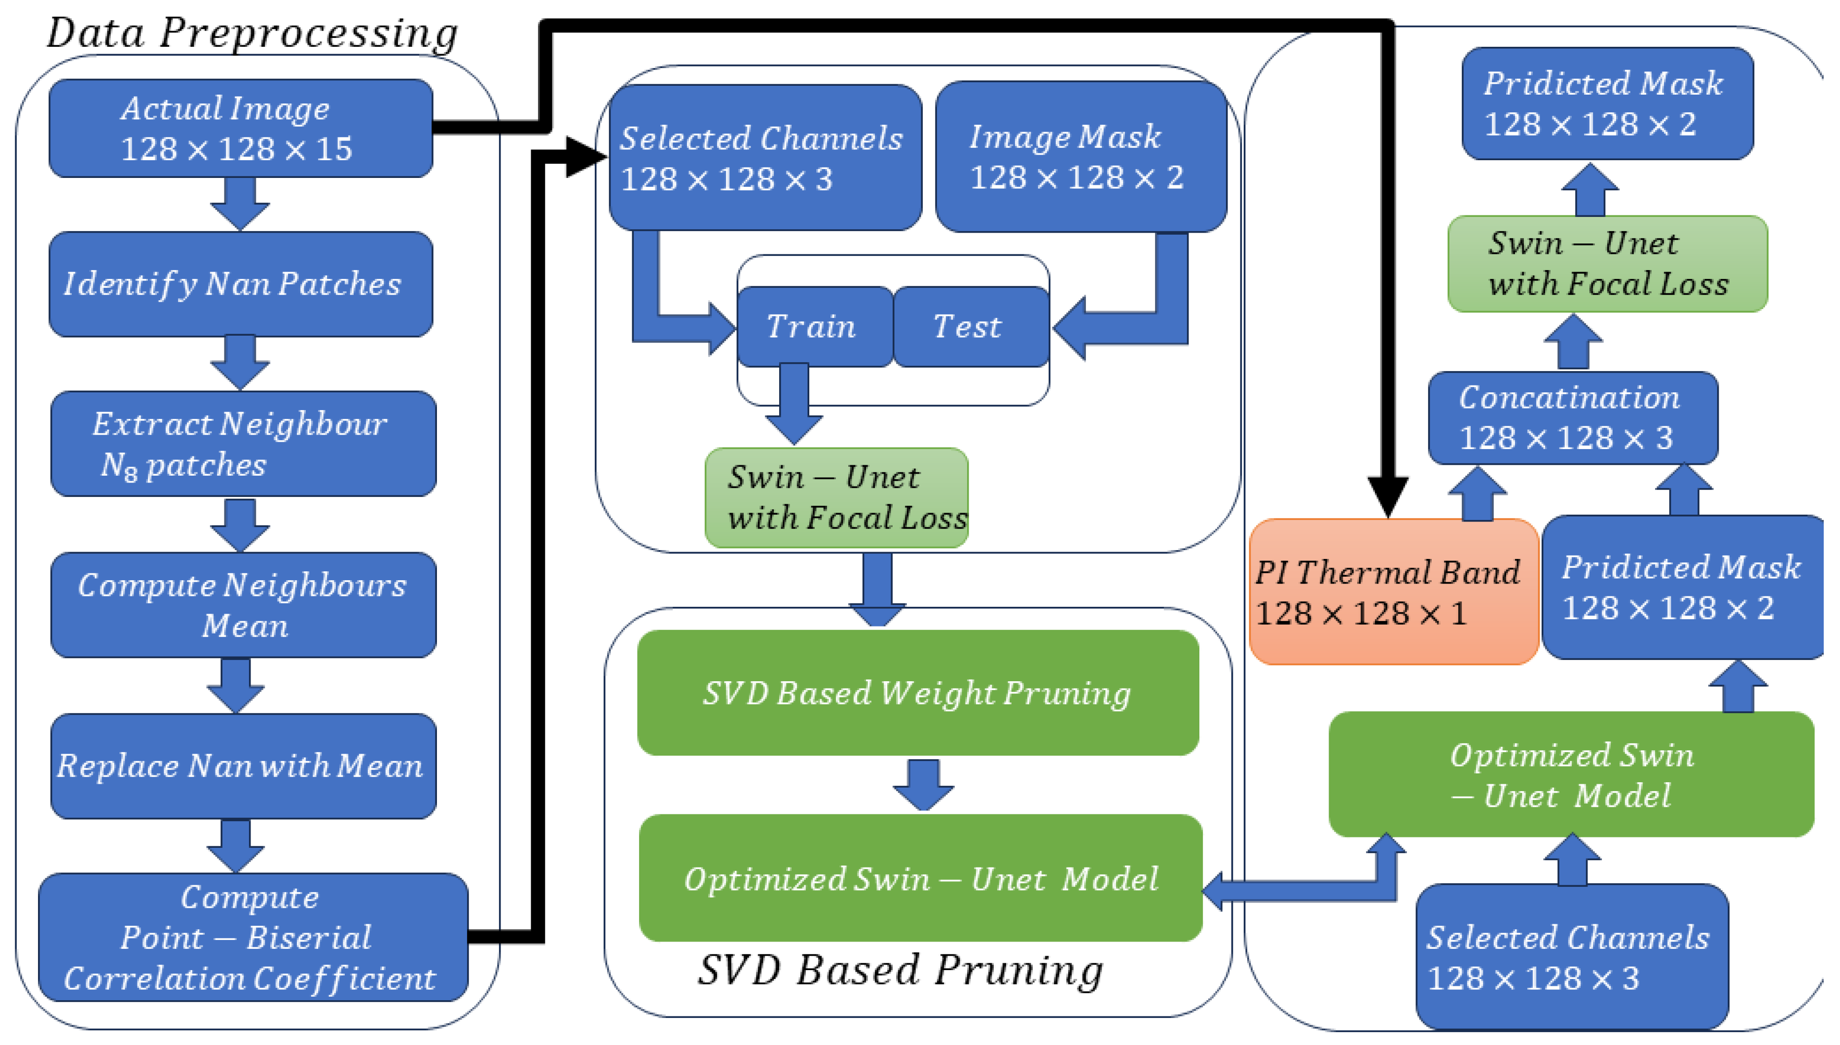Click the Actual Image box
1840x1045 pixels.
[241, 129]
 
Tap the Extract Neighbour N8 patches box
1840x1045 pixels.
[243, 444]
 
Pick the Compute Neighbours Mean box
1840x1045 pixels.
[243, 604]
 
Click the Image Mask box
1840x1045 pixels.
[1081, 156]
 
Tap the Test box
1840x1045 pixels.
[969, 326]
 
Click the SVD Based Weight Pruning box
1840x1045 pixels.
[917, 693]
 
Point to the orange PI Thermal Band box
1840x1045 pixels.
[1393, 592]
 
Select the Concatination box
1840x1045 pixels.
[1572, 418]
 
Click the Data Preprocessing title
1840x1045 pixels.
[252, 33]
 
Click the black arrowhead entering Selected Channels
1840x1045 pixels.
[585, 156]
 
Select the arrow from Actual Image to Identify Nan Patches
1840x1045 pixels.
[240, 203]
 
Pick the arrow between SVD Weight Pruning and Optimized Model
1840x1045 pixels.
[923, 784]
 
